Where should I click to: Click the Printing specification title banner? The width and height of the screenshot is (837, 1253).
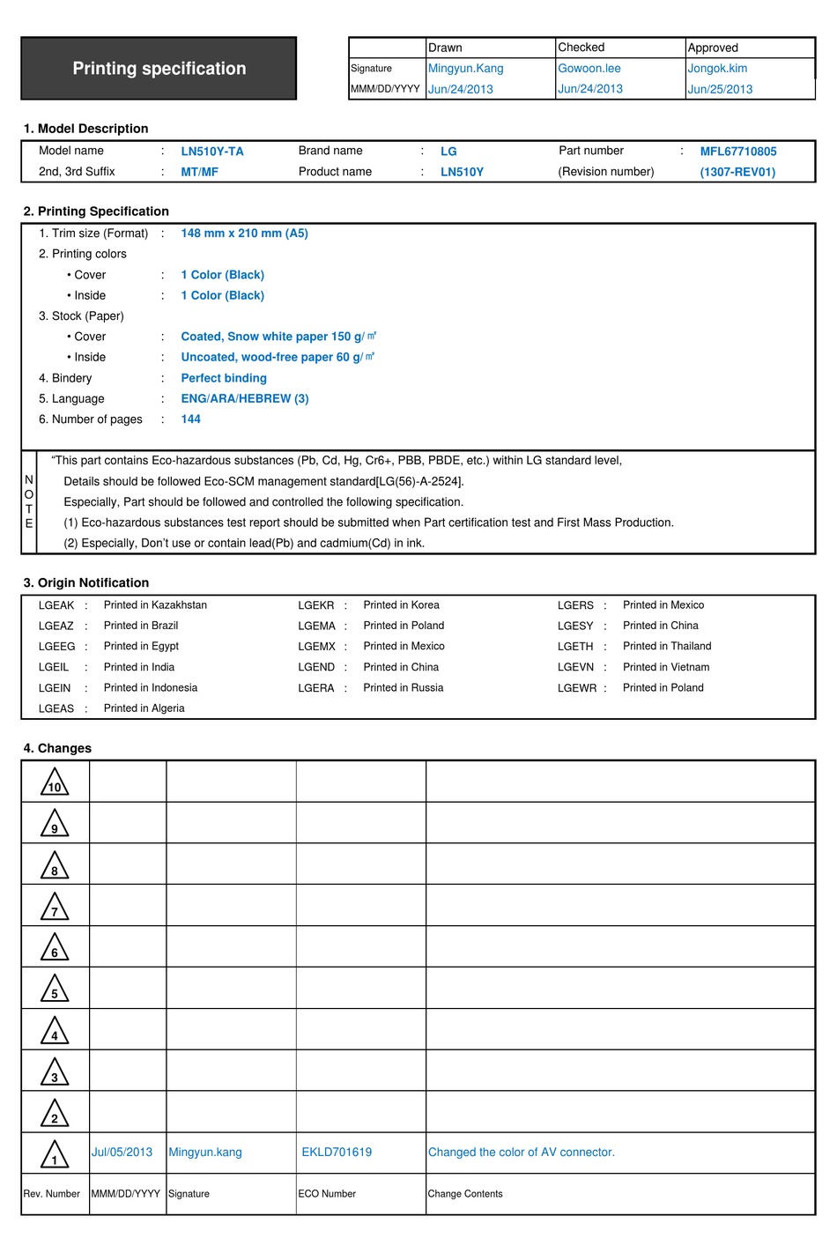pyautogui.click(x=159, y=69)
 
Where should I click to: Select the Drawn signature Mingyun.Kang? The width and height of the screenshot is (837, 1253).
pyautogui.click(x=465, y=69)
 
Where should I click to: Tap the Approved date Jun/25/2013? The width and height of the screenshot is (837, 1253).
pyautogui.click(x=720, y=89)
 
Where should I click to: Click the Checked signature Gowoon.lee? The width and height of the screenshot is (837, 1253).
pyautogui.click(x=589, y=69)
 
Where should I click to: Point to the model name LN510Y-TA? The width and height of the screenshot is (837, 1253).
pyautogui.click(x=212, y=152)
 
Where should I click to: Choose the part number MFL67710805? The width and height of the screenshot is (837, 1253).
pyautogui.click(x=737, y=152)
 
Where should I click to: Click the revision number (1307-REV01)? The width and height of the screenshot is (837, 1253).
pyautogui.click(x=737, y=172)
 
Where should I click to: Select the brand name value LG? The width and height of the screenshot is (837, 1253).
pyautogui.click(x=448, y=152)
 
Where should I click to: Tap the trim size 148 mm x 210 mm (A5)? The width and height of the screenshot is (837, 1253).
pyautogui.click(x=244, y=234)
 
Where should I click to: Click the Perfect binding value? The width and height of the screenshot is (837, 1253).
pyautogui.click(x=224, y=378)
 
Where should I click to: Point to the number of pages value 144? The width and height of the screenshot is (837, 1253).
pyautogui.click(x=190, y=419)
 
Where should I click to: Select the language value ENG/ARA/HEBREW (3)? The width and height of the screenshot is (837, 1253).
pyautogui.click(x=244, y=398)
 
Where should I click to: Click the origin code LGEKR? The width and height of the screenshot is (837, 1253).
pyautogui.click(x=315, y=605)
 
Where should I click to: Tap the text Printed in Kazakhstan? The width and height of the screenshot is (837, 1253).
pyautogui.click(x=155, y=605)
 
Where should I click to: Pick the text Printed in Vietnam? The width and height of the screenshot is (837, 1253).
pyautogui.click(x=665, y=667)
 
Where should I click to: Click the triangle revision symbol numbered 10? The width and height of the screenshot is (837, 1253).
pyautogui.click(x=55, y=782)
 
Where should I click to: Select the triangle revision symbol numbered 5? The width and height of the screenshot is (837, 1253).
pyautogui.click(x=55, y=990)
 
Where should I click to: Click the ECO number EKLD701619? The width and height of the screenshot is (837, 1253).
pyautogui.click(x=337, y=1153)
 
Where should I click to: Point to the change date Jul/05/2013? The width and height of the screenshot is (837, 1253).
pyautogui.click(x=122, y=1153)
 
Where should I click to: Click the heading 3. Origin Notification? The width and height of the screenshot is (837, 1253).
pyautogui.click(x=86, y=583)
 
